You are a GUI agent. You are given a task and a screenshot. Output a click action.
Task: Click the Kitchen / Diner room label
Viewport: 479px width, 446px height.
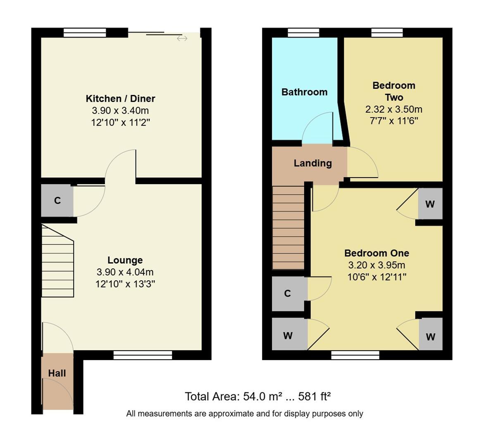pyautogui.click(x=120, y=99)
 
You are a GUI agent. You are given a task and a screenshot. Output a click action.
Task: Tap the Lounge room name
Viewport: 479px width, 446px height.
pyautogui.click(x=125, y=260)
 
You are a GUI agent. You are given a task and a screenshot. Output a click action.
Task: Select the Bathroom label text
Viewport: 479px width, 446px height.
pyautogui.click(x=304, y=92)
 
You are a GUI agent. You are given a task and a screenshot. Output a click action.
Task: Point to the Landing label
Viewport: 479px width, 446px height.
pyautogui.click(x=312, y=163)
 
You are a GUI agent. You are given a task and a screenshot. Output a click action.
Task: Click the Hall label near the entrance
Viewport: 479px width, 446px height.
pyautogui.click(x=57, y=373)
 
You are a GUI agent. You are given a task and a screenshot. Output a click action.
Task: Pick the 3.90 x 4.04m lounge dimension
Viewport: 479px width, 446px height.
pyautogui.click(x=125, y=272)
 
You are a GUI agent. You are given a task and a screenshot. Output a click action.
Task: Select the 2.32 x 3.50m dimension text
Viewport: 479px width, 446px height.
pyautogui.click(x=394, y=109)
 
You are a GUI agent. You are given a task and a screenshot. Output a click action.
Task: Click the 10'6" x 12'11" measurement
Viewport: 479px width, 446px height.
pyautogui.click(x=377, y=277)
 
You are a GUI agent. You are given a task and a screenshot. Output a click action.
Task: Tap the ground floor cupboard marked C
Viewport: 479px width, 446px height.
pyautogui.click(x=57, y=200)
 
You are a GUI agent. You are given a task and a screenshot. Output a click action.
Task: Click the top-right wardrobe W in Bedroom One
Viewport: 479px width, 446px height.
pyautogui.click(x=430, y=204)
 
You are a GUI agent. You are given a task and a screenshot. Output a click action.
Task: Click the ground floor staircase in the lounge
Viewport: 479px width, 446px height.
pyautogui.click(x=57, y=261)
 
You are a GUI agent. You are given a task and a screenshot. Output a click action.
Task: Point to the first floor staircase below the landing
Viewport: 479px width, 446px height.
pyautogui.click(x=288, y=228)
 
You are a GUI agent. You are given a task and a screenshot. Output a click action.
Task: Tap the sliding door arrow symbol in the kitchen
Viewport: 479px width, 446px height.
pyautogui.click(x=182, y=38)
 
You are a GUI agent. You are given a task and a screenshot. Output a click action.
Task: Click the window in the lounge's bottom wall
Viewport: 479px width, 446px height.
pyautogui.click(x=143, y=355)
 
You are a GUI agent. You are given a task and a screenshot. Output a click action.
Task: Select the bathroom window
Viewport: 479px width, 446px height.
pyautogui.click(x=303, y=33)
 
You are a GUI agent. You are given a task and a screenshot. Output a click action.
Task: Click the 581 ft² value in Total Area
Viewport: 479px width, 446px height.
pyautogui.click(x=315, y=396)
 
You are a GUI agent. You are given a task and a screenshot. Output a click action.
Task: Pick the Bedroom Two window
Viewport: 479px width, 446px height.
pyautogui.click(x=387, y=33)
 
